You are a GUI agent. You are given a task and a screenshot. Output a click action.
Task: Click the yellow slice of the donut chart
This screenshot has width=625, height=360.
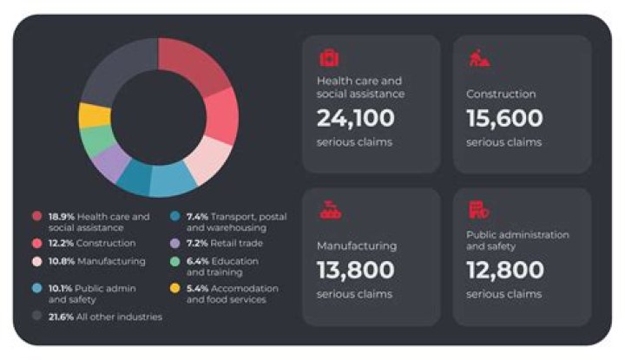95,115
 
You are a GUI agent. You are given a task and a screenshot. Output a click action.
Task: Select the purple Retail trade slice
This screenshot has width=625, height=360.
110,162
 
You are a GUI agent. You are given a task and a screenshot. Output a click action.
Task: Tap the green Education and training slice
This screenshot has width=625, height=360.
97,141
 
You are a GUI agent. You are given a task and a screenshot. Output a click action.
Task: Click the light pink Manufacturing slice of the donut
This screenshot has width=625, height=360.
209,159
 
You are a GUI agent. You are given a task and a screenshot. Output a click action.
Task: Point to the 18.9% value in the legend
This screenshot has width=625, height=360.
62,217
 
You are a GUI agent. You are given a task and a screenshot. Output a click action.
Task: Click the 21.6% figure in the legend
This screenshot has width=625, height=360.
61,317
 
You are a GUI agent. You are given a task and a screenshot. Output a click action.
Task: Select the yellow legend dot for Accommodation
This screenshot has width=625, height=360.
175,288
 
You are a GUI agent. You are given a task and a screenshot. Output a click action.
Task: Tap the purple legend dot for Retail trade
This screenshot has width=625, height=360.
175,243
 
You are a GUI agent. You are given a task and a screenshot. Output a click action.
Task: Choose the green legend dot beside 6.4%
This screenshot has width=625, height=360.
175,261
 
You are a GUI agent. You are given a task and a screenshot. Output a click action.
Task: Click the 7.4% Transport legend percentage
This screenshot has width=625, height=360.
197,217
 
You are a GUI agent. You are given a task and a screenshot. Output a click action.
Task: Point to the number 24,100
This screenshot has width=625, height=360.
356,118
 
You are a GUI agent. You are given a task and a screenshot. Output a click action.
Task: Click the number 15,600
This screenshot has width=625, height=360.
504,118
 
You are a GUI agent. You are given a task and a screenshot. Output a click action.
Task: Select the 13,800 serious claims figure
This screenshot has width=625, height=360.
356,270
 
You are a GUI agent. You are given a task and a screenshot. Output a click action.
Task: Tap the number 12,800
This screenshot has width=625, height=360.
505,270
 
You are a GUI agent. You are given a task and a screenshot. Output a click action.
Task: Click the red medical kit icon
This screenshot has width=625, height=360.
329,58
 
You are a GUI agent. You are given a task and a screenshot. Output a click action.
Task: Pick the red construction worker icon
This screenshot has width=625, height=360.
479,58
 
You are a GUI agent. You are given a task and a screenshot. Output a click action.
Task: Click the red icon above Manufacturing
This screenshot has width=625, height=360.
331,210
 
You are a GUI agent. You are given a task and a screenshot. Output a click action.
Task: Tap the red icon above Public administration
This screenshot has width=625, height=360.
478,210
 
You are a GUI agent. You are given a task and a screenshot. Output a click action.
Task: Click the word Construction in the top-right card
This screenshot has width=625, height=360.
501,94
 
